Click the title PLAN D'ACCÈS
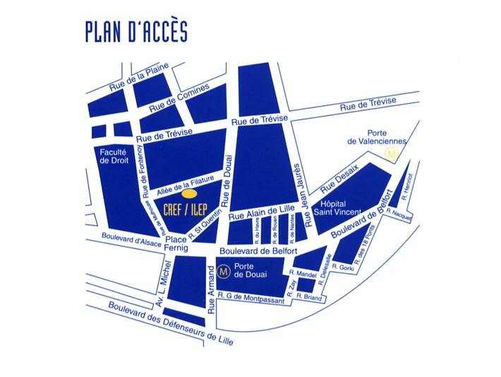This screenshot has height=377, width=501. point(136,32)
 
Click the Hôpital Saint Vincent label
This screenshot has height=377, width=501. point(343,207)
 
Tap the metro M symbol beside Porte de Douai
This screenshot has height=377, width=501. point(225,269)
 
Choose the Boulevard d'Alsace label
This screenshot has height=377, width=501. point(131,240)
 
